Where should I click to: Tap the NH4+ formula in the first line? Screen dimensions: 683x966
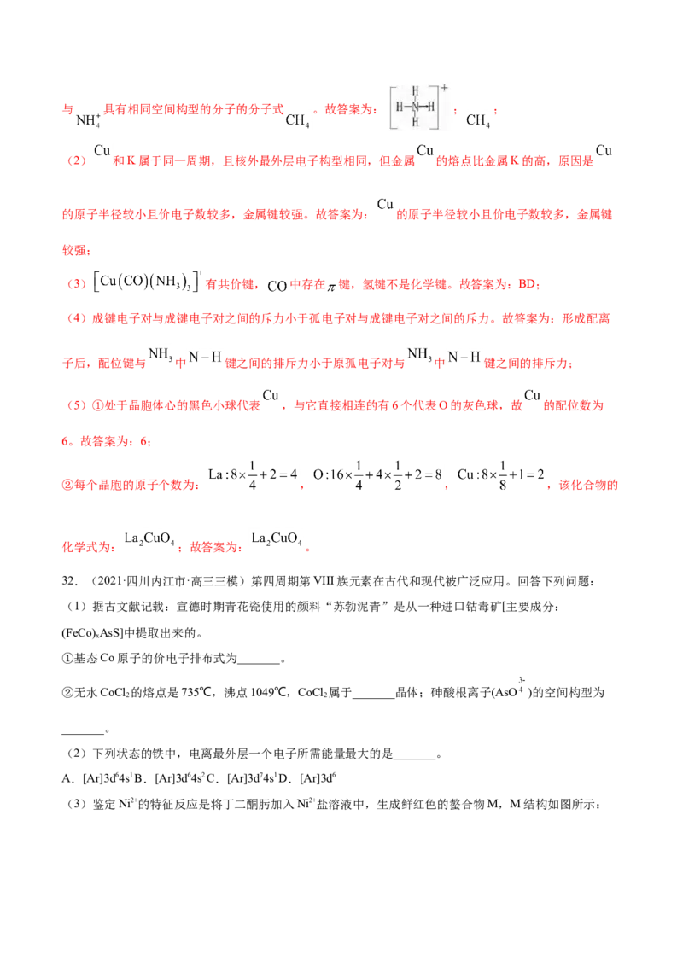coord(88,119)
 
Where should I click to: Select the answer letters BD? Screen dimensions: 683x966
coord(527,284)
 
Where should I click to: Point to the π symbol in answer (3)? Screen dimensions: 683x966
coord(331,286)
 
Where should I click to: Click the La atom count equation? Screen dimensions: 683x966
coord(253,475)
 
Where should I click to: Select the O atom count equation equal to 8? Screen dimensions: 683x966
coord(377,475)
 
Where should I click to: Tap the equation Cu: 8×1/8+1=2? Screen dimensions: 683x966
coord(500,475)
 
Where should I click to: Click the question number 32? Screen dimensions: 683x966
coord(70,581)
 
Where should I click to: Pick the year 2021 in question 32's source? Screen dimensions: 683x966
coord(111,581)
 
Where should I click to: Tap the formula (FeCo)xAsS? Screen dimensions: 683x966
coord(92,633)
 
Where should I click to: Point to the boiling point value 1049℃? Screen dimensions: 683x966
coord(270,692)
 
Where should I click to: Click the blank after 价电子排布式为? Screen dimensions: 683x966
coord(259,659)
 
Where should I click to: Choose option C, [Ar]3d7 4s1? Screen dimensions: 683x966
coord(242,778)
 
